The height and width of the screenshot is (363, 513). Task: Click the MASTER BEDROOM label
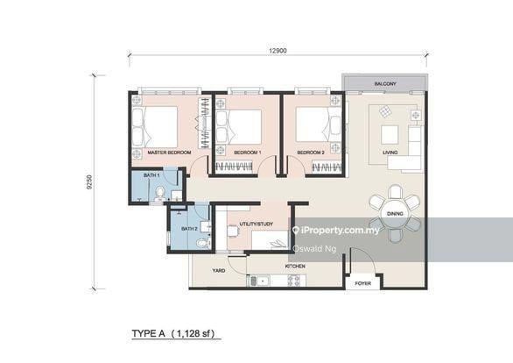169,153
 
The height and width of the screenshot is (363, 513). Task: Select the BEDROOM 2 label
311,153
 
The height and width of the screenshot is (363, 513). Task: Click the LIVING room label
390,153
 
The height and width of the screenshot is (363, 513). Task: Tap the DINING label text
395,213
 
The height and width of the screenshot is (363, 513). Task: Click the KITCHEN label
294,264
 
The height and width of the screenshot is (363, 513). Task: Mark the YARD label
219,270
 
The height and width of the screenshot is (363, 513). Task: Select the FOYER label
362,284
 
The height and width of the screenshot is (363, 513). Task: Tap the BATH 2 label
189,229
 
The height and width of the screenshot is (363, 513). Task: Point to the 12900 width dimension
278,51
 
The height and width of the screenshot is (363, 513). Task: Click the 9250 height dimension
90,181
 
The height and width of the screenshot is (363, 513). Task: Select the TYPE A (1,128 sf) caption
172,334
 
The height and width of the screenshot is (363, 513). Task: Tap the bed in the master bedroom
157,126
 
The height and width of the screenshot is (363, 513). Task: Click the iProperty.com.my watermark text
341,231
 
